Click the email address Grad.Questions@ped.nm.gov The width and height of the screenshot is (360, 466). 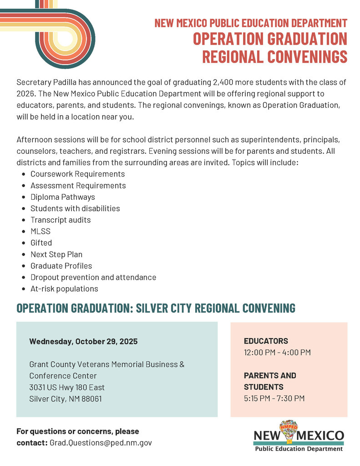coord(101,442)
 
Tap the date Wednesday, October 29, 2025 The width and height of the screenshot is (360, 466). coord(83,341)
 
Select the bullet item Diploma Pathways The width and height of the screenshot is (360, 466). coord(63,197)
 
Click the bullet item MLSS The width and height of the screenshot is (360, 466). coord(41,231)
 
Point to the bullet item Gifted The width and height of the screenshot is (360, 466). coord(41,243)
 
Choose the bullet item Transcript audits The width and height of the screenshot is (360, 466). coord(61,220)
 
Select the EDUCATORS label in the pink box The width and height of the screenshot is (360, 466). coord(266,341)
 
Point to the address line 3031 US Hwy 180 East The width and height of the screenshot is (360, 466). coord(67,387)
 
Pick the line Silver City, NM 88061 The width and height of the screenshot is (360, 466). coord(66,399)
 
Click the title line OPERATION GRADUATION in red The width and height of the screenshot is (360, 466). coord(270,39)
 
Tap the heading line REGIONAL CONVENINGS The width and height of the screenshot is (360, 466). coord(274,57)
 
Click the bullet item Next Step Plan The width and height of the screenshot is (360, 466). coord(56,254)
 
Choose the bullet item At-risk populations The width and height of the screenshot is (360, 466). coord(64,289)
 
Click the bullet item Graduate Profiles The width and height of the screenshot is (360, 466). coord(61,266)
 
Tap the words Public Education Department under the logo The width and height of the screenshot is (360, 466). coord(299,449)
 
